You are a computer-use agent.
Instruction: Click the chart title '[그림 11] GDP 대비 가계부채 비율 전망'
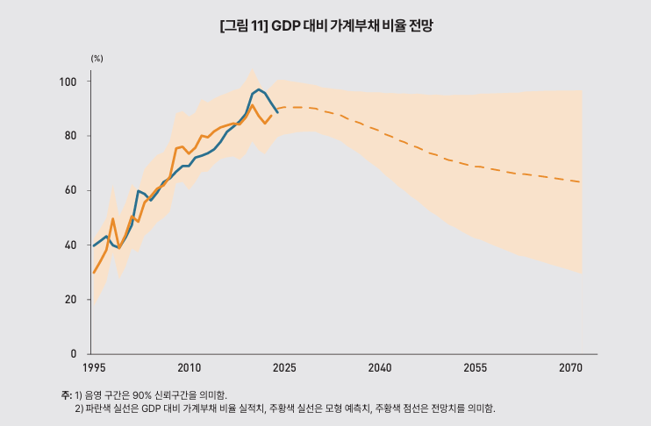[326, 26]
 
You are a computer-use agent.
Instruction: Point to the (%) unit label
[97, 58]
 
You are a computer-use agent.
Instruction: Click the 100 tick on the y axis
[69, 82]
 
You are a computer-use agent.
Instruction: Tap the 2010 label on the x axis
[190, 367]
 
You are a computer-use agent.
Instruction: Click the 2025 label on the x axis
[285, 367]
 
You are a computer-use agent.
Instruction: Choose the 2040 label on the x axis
[380, 367]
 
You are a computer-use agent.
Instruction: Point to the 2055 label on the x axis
[476, 367]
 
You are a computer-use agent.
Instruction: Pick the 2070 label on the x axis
[571, 367]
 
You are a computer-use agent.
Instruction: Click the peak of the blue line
[259, 89]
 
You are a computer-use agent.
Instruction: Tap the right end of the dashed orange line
[581, 182]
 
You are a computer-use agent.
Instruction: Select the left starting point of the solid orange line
[94, 273]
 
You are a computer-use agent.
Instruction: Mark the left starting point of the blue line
[94, 245]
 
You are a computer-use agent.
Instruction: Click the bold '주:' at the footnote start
[67, 395]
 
